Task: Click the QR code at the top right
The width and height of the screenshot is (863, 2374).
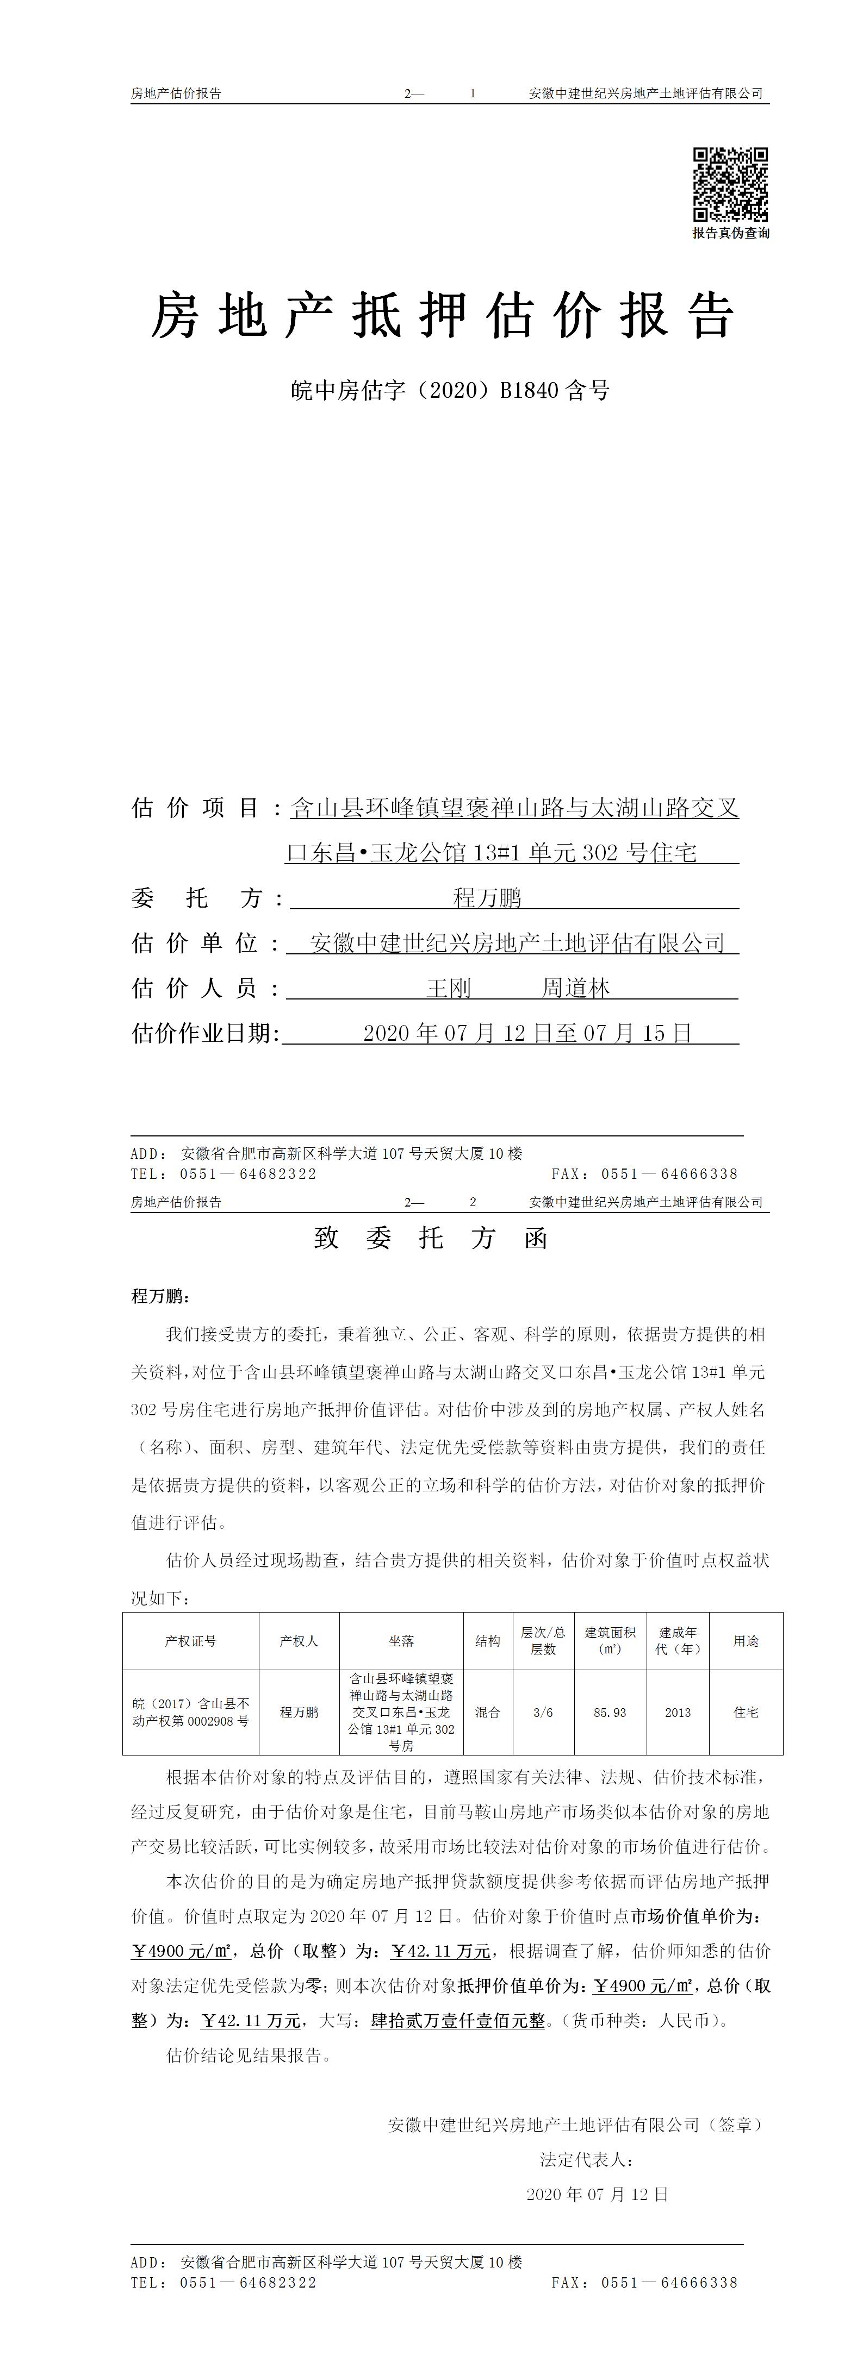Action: click(730, 184)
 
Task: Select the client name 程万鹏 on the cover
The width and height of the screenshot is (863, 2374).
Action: click(489, 898)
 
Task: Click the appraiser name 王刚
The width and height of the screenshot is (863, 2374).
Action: click(449, 989)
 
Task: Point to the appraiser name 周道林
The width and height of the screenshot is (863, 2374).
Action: click(575, 989)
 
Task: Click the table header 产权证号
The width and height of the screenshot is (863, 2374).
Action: click(191, 1640)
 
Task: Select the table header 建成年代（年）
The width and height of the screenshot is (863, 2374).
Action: click(678, 1640)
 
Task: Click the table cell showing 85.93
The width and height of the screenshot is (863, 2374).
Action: click(610, 1713)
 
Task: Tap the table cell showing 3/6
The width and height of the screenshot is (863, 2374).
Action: click(543, 1713)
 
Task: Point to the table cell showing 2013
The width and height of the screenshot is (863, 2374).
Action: click(678, 1713)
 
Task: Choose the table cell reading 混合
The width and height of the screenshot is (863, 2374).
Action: click(488, 1713)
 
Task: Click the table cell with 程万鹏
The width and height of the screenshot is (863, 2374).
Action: click(299, 1713)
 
